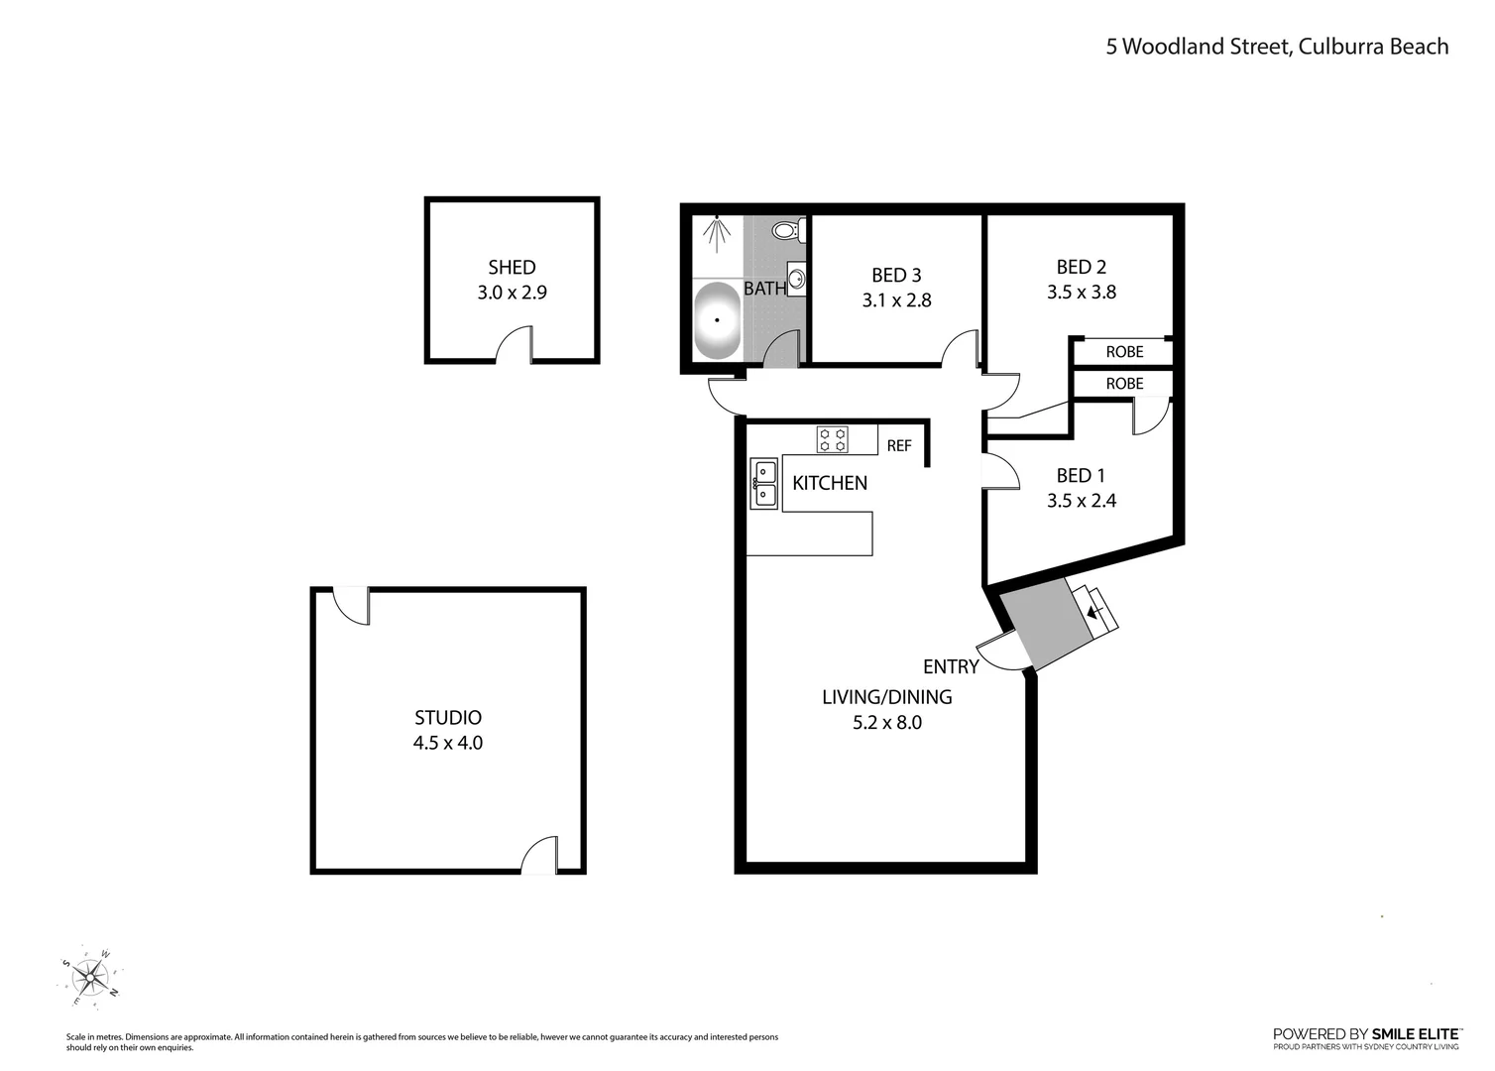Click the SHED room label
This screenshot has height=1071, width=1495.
point(512,267)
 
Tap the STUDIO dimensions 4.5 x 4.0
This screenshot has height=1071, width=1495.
point(448,743)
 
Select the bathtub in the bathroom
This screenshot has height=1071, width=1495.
point(716,320)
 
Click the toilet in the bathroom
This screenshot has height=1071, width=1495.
point(787,231)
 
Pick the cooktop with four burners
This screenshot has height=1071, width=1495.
point(832,439)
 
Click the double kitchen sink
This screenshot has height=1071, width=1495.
point(763,483)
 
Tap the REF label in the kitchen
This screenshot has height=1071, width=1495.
point(899,446)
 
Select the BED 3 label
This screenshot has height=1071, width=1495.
point(896,275)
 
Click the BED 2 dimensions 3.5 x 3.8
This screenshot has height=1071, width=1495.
point(1082,293)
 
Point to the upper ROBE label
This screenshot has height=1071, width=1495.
point(1124,352)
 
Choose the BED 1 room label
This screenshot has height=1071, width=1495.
point(1081,476)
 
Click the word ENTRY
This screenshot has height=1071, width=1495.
point(951,666)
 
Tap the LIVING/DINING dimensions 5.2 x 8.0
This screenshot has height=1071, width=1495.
point(887,723)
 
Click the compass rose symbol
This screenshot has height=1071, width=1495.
point(91,977)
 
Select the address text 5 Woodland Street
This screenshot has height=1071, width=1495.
point(1197,47)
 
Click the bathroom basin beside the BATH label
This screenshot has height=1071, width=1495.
point(796,277)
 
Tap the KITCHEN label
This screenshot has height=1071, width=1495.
point(830,483)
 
